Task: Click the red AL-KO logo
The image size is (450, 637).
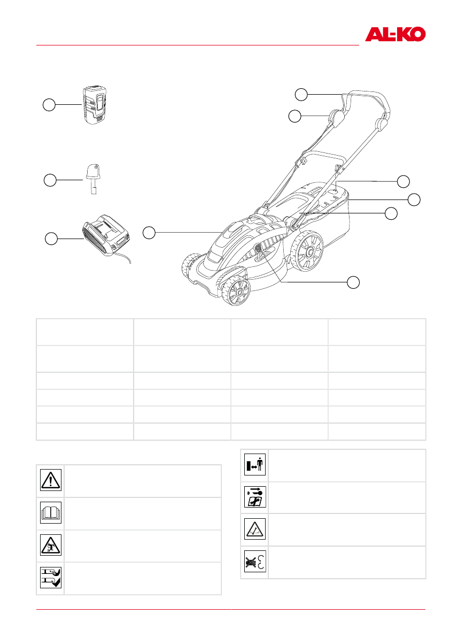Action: click(395, 35)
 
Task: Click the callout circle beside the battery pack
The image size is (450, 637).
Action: click(49, 105)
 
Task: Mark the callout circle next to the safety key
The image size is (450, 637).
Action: click(50, 180)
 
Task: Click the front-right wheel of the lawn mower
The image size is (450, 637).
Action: click(235, 290)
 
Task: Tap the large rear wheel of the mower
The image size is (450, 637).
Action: click(308, 251)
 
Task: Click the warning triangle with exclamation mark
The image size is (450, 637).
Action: click(50, 481)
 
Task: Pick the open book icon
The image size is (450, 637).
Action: click(50, 513)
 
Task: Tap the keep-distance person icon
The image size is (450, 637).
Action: click(254, 465)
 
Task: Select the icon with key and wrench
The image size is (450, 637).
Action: click(254, 497)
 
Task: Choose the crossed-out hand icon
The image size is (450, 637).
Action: click(254, 562)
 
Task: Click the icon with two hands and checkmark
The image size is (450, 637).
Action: click(50, 578)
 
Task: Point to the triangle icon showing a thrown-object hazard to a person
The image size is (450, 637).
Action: click(50, 546)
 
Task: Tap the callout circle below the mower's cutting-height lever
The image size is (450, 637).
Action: click(353, 282)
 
